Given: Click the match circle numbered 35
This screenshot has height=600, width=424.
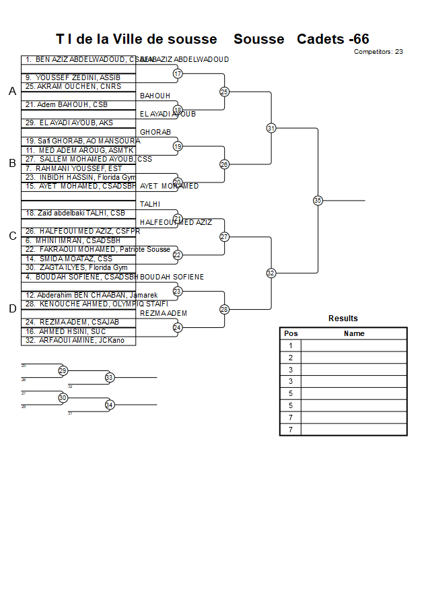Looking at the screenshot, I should [318, 200].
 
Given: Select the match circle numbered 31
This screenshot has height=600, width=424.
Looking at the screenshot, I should [271, 128].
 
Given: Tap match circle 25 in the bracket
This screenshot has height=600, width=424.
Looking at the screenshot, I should [224, 92].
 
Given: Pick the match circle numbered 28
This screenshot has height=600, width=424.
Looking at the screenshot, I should [224, 309].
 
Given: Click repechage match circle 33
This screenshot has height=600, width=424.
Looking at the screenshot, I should [109, 378].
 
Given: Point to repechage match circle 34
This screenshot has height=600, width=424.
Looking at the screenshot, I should [109, 405].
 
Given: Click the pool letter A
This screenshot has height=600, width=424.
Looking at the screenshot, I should [12, 92].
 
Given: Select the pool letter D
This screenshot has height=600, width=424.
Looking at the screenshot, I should [12, 308].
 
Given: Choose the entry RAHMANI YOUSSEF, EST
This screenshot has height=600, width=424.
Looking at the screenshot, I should [74, 168].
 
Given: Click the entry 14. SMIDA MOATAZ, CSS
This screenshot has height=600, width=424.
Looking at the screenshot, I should [69, 259].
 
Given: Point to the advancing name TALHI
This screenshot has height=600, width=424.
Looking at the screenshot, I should [151, 204].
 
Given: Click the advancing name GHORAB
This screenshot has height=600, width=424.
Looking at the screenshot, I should [155, 132].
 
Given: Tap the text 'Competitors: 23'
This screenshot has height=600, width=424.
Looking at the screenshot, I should [378, 51].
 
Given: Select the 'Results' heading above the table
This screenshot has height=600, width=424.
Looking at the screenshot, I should [343, 319].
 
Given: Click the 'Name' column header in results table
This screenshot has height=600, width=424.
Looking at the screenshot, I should [354, 333].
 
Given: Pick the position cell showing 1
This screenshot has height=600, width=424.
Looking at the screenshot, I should [291, 345].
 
